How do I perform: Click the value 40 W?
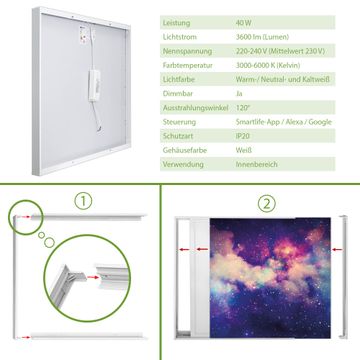(244, 23)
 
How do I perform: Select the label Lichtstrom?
(180, 37)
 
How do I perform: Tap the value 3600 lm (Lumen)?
(262, 37)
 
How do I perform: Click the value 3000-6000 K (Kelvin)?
(268, 65)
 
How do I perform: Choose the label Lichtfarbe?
(179, 80)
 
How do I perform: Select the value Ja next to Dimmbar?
(239, 94)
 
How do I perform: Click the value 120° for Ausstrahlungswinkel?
(243, 108)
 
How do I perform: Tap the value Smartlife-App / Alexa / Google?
(284, 122)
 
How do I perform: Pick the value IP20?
(243, 136)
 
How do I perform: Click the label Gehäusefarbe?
(185, 150)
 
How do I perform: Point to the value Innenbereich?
(256, 164)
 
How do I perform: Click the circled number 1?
(83, 201)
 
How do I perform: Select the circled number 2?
(267, 204)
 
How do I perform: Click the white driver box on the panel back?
(94, 85)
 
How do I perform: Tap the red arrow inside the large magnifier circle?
(94, 277)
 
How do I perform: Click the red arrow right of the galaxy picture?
(337, 249)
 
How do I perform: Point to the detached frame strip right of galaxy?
(343, 277)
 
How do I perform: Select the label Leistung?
(176, 23)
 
